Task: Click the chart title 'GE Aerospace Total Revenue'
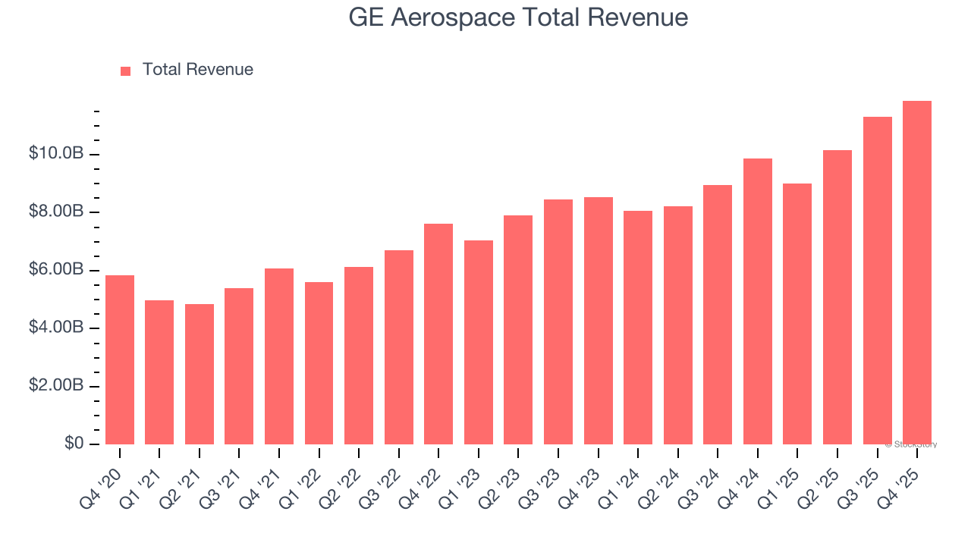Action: click(518, 17)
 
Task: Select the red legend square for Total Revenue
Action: click(125, 71)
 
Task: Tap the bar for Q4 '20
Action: click(120, 360)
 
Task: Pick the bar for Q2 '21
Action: click(200, 375)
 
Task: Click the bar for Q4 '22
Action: click(438, 334)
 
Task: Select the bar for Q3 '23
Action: click(558, 322)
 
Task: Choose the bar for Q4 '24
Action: click(757, 302)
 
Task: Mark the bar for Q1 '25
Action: click(797, 314)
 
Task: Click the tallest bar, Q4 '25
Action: click(916, 273)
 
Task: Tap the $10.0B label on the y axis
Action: click(55, 154)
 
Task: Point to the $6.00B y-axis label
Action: click(55, 270)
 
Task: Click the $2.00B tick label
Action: click(55, 386)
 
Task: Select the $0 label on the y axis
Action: click(74, 444)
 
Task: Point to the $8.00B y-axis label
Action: click(55, 212)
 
